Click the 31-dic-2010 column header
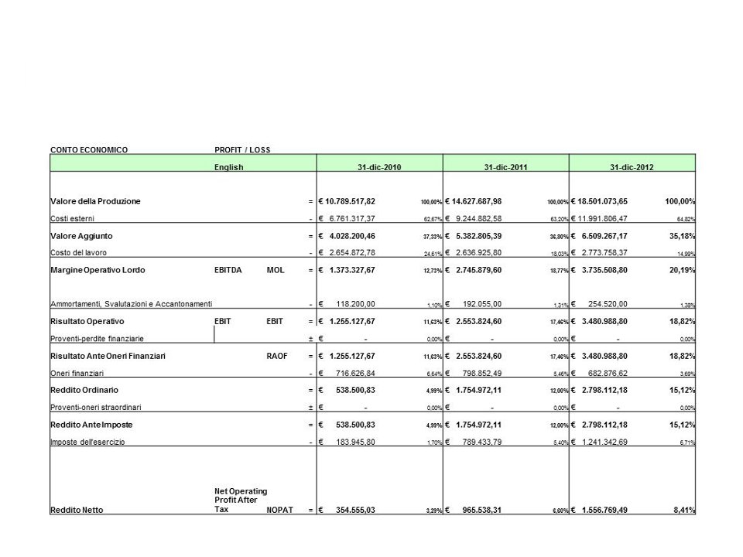click(x=379, y=167)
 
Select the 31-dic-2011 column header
click(x=505, y=167)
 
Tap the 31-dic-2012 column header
click(x=632, y=167)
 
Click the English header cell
click(x=229, y=167)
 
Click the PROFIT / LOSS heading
click(x=242, y=149)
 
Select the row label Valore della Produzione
click(x=96, y=201)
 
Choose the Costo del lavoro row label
click(x=79, y=252)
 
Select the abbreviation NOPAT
click(x=279, y=510)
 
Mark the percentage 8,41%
click(x=680, y=510)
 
